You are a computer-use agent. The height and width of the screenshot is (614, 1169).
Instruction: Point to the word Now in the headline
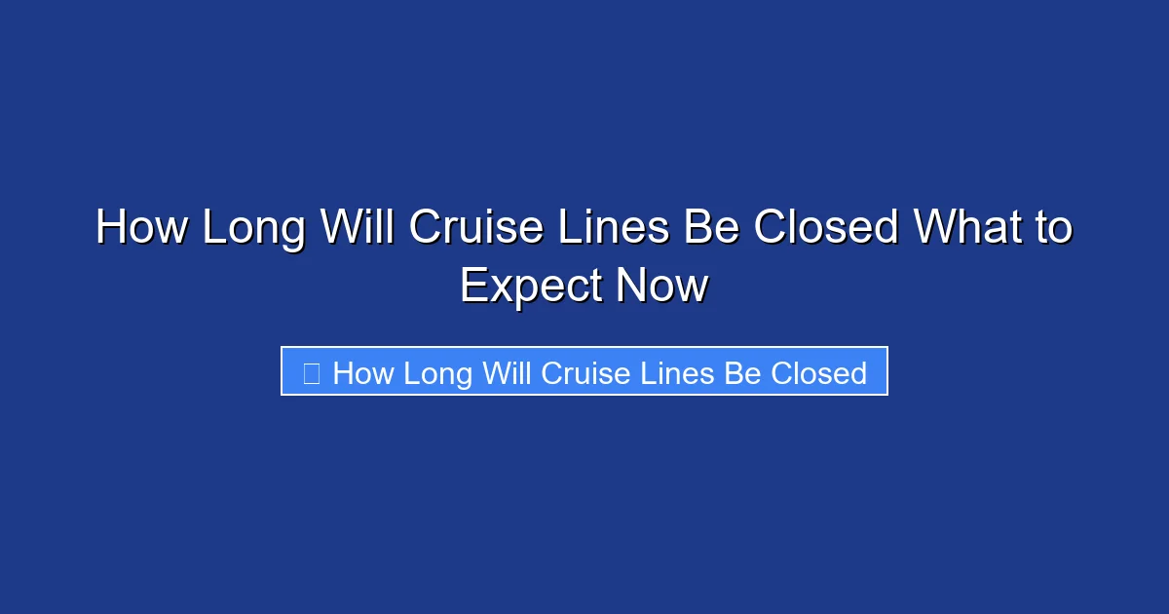pyautogui.click(x=662, y=287)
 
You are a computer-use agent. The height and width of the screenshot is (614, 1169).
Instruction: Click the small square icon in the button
pyautogui.click(x=312, y=373)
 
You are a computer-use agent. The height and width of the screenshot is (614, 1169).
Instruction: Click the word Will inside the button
pyautogui.click(x=509, y=373)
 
